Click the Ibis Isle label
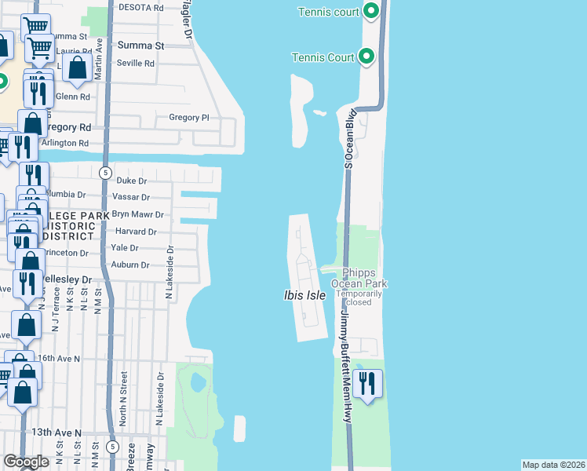304,295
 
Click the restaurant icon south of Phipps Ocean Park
367,385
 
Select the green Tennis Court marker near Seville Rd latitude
366,57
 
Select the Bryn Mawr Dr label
137,214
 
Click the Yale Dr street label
125,247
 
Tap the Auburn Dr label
129,265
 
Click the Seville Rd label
137,64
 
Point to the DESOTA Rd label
140,6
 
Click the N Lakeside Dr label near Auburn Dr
168,272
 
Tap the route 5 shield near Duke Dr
104,172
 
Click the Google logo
26,462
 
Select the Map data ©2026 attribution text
553,465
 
